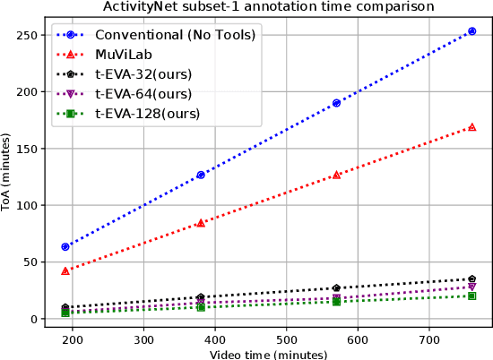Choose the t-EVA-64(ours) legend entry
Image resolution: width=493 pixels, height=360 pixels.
coord(149,95)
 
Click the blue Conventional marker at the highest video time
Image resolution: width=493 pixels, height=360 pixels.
coord(471,31)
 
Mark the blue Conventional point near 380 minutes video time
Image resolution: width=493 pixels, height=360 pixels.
coord(201,175)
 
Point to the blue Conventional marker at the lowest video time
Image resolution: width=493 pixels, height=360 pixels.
coord(65,246)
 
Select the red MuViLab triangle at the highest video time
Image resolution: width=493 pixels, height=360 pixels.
coord(471,127)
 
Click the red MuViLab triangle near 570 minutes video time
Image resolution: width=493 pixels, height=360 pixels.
coord(336,175)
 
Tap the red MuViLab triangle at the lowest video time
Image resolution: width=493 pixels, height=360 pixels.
coord(65,270)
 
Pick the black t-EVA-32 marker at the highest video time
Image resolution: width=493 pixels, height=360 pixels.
coord(471,279)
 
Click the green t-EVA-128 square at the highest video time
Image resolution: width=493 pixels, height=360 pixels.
coord(471,296)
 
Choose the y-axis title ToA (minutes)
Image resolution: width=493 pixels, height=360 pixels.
coord(8,178)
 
